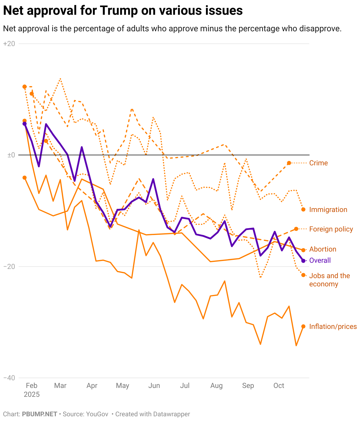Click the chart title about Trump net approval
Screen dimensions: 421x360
click(x=123, y=11)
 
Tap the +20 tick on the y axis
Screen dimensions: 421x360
click(x=9, y=44)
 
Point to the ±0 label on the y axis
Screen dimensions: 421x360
click(x=11, y=155)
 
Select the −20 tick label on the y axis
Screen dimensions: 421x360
click(x=9, y=266)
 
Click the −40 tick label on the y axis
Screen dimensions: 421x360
click(x=9, y=378)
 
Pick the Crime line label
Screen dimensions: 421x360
click(x=318, y=163)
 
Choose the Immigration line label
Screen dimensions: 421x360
click(x=328, y=210)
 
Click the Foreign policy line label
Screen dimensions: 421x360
click(x=331, y=229)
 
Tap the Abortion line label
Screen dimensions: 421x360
click(x=323, y=249)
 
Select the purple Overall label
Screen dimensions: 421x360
click(x=320, y=260)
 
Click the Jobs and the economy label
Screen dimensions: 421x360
click(x=329, y=280)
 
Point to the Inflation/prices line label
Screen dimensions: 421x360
click(x=333, y=327)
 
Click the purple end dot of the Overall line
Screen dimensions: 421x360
click(x=303, y=261)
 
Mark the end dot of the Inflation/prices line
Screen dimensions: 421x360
click(x=303, y=326)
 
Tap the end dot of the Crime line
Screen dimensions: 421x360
click(x=289, y=163)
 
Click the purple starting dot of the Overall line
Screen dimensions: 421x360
click(x=24, y=124)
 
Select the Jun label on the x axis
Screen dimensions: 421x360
click(x=154, y=386)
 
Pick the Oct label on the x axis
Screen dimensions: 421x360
click(x=279, y=386)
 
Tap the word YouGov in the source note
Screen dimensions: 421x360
click(x=97, y=414)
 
